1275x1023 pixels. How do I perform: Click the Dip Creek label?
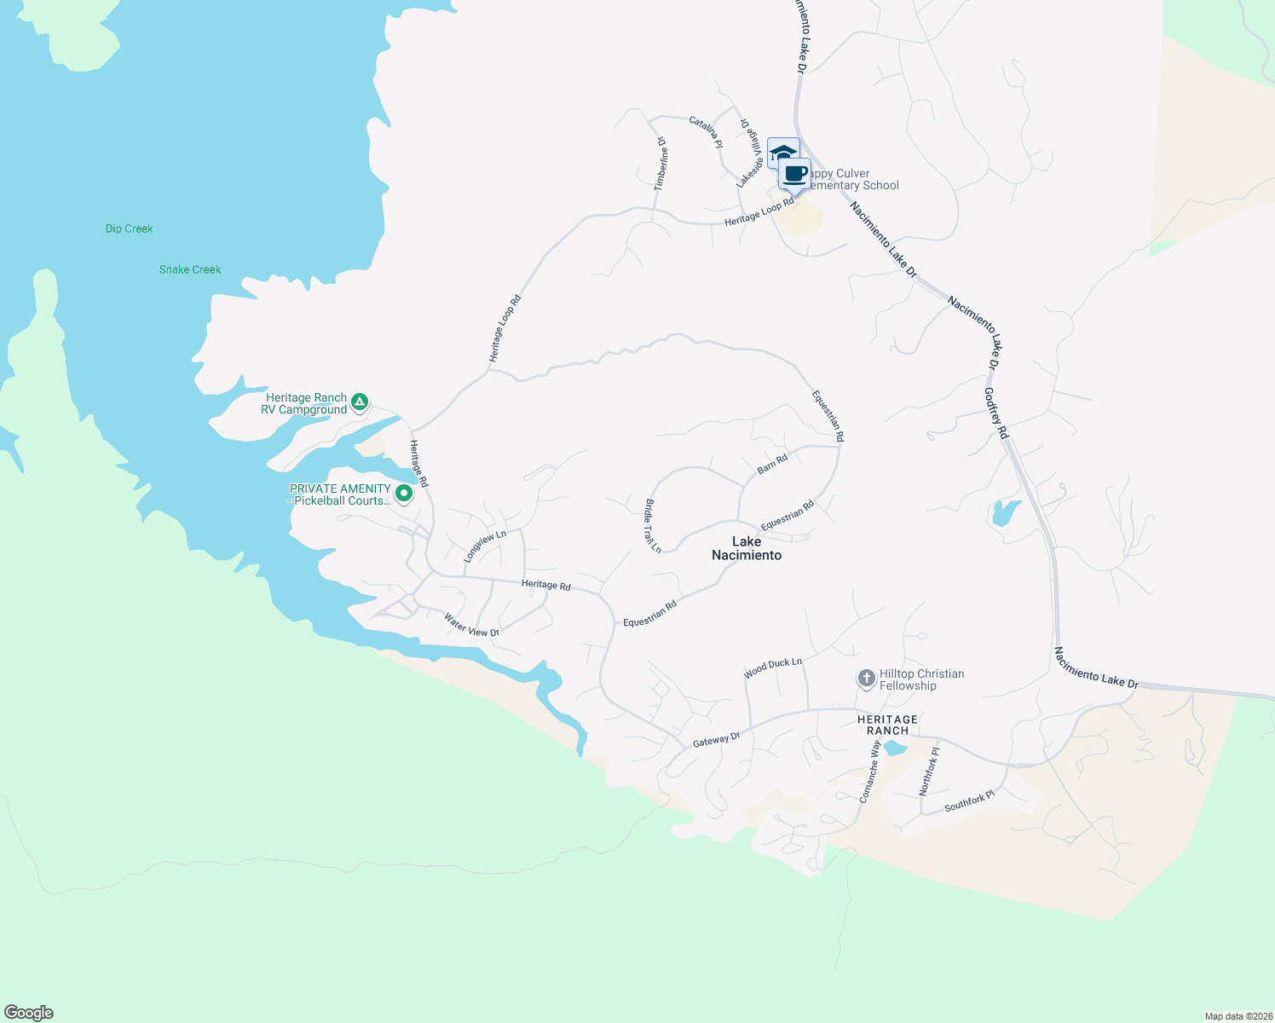130,228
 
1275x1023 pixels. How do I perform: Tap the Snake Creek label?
190,269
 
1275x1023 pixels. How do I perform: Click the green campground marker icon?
360,401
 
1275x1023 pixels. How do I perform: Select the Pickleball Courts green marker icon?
404,493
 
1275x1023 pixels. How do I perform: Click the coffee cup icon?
794,173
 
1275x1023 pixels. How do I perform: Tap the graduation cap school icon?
782,153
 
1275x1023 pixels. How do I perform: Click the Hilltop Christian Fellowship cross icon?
866,679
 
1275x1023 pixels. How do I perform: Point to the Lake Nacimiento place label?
747,548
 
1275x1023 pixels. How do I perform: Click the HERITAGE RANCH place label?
887,725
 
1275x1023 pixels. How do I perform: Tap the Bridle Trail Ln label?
653,526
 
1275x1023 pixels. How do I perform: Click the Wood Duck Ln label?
773,668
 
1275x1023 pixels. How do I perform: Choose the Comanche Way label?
870,771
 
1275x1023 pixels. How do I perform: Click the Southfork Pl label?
969,801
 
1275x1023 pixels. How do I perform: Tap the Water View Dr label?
471,626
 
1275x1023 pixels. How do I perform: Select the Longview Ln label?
484,546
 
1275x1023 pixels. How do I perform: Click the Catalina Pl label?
706,132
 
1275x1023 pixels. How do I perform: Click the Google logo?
29,1013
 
